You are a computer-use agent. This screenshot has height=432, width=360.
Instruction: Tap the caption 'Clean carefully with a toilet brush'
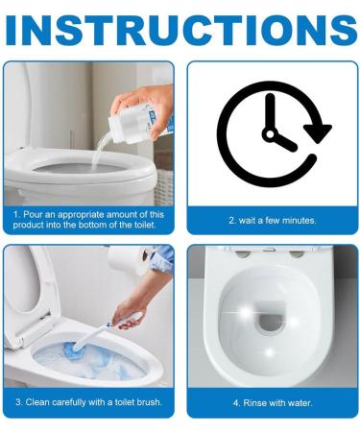point(88,401)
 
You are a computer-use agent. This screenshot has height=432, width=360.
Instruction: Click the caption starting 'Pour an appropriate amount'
point(88,219)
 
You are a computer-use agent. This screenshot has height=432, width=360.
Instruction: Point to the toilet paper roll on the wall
point(125,258)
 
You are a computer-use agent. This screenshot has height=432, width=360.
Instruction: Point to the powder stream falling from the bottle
point(103,148)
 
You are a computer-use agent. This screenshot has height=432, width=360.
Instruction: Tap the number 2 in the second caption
point(230,220)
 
